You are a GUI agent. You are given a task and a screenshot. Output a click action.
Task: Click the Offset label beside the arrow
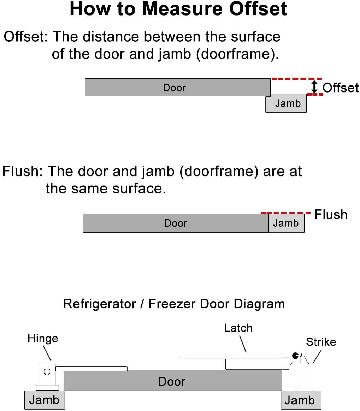click(x=341, y=88)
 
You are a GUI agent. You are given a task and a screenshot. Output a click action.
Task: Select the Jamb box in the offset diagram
click(x=288, y=103)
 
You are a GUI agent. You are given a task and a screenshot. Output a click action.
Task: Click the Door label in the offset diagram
click(x=174, y=88)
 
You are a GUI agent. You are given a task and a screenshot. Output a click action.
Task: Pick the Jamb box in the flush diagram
click(x=286, y=223)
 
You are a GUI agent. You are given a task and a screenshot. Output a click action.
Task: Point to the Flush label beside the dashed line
click(x=331, y=214)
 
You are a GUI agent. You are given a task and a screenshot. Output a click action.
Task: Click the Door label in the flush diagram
click(x=176, y=223)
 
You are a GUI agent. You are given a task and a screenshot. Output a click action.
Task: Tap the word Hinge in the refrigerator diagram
click(x=43, y=339)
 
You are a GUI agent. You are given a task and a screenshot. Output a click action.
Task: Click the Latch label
click(x=238, y=328)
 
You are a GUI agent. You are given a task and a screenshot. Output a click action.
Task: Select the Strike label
click(x=321, y=342)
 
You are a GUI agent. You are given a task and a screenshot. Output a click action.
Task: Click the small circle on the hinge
click(x=47, y=371)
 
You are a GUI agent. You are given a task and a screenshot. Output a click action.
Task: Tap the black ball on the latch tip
click(x=294, y=355)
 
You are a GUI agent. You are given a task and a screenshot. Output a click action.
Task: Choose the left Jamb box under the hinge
click(x=44, y=400)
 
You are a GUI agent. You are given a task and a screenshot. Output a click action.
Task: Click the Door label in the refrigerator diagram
click(x=172, y=381)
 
